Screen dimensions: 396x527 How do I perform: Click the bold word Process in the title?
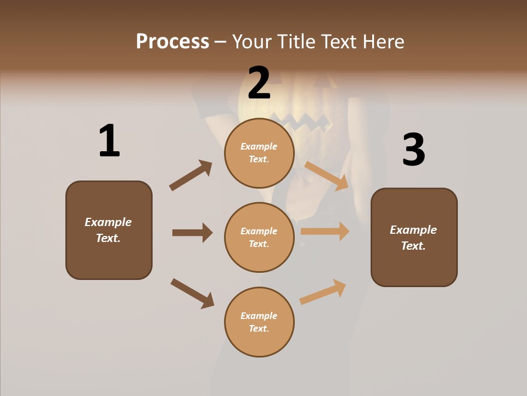(x=172, y=42)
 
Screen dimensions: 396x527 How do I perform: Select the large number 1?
(x=109, y=141)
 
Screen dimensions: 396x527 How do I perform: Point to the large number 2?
(x=259, y=82)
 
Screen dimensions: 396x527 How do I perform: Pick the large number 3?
(x=413, y=150)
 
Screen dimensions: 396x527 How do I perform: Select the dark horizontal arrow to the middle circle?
(x=192, y=233)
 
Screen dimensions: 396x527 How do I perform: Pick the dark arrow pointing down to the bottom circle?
(x=192, y=293)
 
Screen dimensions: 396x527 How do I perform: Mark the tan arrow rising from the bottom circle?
(x=323, y=291)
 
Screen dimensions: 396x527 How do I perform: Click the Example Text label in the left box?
(x=108, y=230)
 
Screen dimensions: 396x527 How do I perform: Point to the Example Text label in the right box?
(x=413, y=238)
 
